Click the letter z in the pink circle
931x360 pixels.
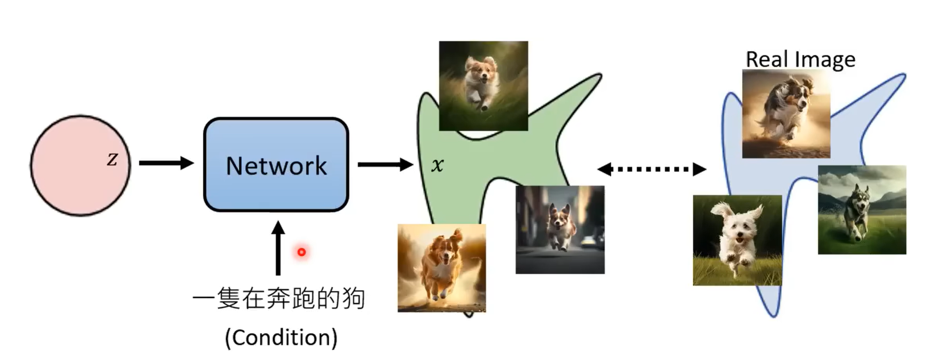tap(112, 159)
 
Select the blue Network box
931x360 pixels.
tap(276, 165)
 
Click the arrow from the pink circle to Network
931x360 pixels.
tap(166, 163)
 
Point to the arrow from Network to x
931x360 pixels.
tap(385, 164)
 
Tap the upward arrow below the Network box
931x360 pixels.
tap(278, 248)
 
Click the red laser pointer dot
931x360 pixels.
tap(301, 252)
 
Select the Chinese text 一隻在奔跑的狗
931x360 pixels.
tap(279, 299)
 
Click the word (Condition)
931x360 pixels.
tap(281, 337)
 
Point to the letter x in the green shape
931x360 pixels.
tap(437, 165)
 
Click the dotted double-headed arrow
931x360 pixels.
tap(651, 169)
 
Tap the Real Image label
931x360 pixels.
tap(801, 59)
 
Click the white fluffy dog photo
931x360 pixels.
tap(737, 241)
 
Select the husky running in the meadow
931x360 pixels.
tap(862, 210)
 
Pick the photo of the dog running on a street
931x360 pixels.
tap(560, 230)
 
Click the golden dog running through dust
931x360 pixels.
tap(442, 268)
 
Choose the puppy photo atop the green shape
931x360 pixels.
tap(483, 86)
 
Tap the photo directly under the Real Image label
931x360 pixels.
tap(786, 114)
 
